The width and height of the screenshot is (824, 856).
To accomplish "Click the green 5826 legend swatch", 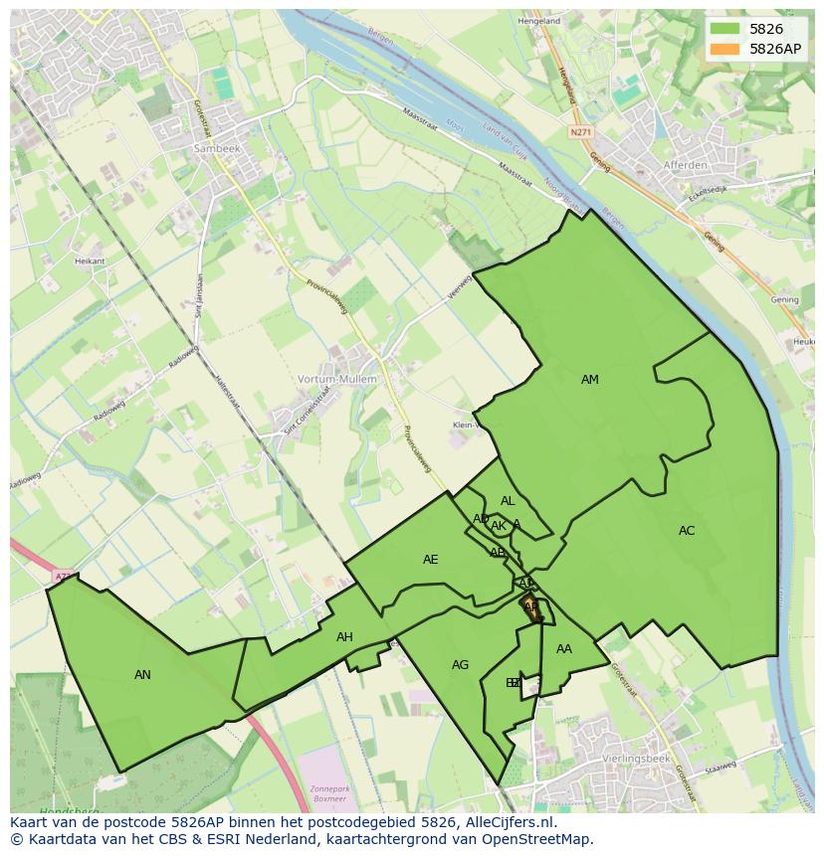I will [x=724, y=29].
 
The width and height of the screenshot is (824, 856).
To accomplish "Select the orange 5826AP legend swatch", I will [x=724, y=49].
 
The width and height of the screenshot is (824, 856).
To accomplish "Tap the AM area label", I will [x=590, y=380].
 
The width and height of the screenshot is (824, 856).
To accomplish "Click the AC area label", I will [x=687, y=531].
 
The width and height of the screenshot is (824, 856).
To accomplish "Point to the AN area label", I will [x=142, y=675].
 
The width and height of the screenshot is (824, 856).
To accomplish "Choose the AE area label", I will [x=430, y=560].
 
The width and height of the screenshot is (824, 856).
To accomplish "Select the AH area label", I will [x=344, y=637].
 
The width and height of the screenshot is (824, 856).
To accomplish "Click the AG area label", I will [x=460, y=665].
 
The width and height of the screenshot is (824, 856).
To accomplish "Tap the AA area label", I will [x=564, y=649].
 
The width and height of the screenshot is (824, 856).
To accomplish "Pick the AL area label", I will [x=508, y=501].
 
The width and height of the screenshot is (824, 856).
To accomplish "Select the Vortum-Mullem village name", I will [x=337, y=380].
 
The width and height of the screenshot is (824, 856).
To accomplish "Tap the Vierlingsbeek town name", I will [x=637, y=759].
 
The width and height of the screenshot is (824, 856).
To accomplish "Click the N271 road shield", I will [x=580, y=132].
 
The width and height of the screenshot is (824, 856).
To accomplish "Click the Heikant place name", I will [x=90, y=260].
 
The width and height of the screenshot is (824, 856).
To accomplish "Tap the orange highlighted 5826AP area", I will [x=532, y=608].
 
